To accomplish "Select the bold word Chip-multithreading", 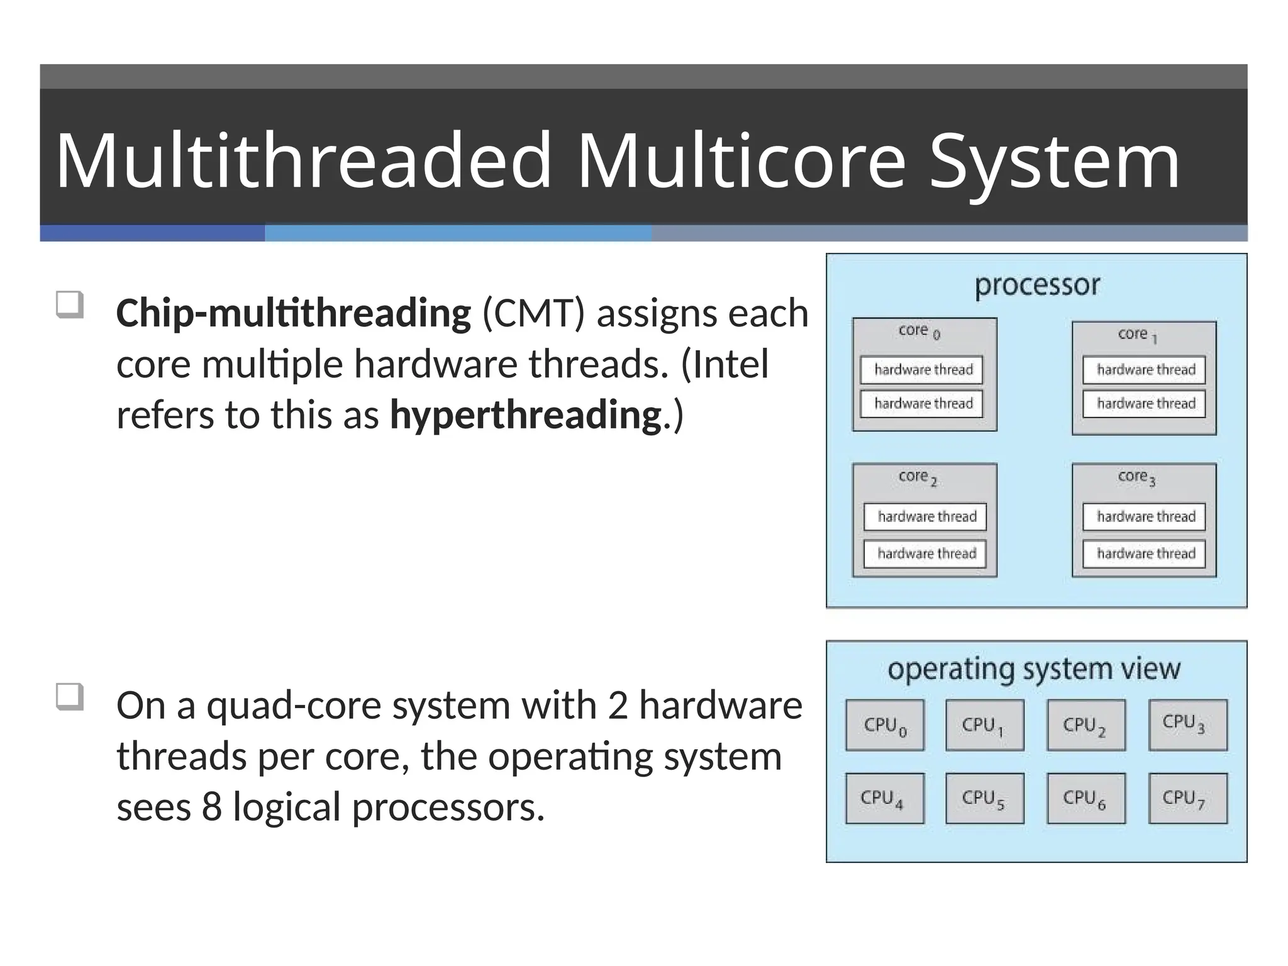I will (x=293, y=313).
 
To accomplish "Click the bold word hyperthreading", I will (x=526, y=415).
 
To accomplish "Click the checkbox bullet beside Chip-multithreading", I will (x=69, y=305).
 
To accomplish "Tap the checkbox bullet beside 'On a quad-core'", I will (x=69, y=697).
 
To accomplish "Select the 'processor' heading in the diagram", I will (x=1037, y=285).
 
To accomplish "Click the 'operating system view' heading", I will (x=1034, y=669).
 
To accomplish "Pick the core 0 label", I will (x=919, y=331).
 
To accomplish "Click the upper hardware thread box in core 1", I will (x=1144, y=370).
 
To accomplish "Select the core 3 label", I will (x=1136, y=477).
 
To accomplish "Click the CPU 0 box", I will (x=884, y=725).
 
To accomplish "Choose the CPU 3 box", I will (x=1187, y=724).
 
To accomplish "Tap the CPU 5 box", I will (x=984, y=798).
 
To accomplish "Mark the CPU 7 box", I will (x=1187, y=798).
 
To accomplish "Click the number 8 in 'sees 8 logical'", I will (x=211, y=807).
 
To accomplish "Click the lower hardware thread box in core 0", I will (x=922, y=404).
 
